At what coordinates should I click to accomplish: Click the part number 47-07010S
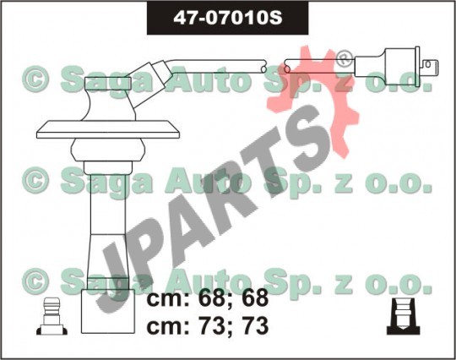click(228, 18)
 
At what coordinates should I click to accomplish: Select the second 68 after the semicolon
click(255, 298)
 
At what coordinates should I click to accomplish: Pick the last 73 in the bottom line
click(255, 325)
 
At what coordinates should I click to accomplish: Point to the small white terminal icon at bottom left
click(52, 316)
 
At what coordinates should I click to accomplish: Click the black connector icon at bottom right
click(404, 316)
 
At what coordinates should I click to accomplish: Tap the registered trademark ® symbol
click(345, 59)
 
